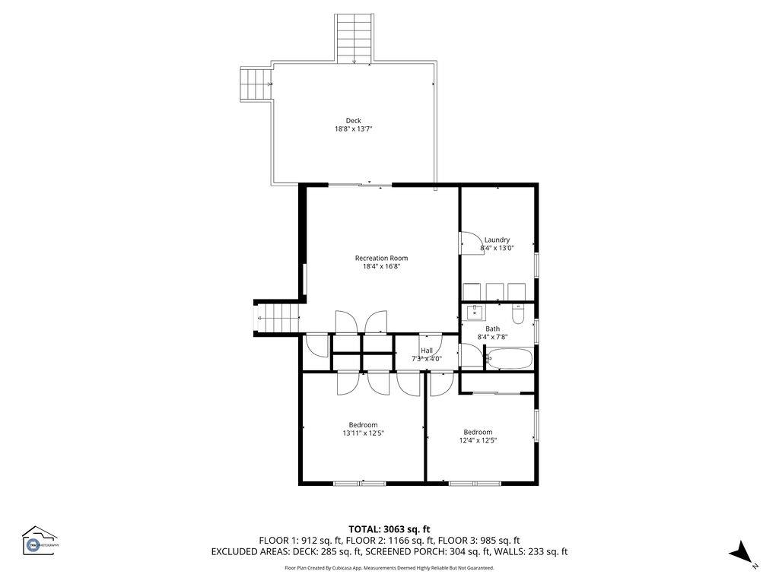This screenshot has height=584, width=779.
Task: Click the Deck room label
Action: pos(353,120)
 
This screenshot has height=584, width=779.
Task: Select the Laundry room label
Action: pos(497,240)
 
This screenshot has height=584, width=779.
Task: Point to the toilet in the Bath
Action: pos(519,314)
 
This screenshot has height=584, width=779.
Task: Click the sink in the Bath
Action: pos(474,312)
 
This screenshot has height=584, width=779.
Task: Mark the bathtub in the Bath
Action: pos(509,358)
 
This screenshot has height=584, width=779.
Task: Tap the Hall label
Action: pos(426,351)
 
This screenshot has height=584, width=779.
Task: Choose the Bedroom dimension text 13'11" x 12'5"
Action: pos(363,433)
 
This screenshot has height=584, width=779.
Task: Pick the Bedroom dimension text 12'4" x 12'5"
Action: pos(478,440)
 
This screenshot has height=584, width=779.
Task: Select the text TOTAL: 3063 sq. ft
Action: pos(389,528)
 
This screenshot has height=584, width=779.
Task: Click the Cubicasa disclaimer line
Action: pos(389,567)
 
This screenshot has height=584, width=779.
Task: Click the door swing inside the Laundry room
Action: pos(468,241)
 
